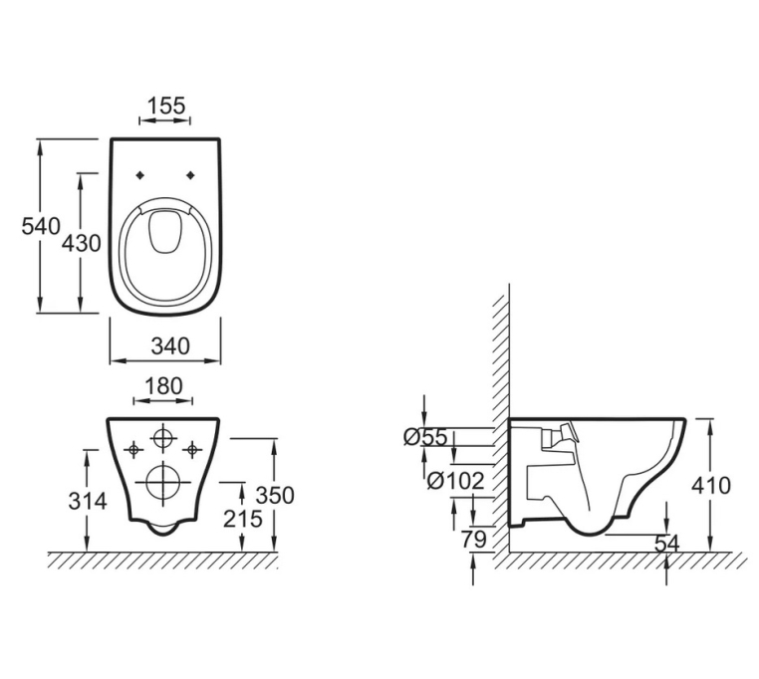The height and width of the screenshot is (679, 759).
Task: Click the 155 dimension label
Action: [166, 106]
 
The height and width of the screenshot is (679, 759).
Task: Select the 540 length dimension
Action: [41, 226]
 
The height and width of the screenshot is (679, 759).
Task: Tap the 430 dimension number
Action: [82, 243]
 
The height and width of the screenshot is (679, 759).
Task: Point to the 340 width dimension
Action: [170, 346]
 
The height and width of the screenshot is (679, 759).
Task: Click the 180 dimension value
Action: [163, 385]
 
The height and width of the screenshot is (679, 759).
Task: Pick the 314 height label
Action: [88, 501]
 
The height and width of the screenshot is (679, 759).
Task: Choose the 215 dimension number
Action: [242, 519]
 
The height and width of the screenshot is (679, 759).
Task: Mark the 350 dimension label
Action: [275, 495]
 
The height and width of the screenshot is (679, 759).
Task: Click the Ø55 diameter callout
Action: [425, 437]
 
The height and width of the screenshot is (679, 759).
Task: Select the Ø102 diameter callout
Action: [455, 481]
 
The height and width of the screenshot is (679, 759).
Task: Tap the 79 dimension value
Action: [473, 539]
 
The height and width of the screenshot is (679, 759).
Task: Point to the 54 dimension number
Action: [667, 544]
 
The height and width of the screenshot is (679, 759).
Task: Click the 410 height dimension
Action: [710, 486]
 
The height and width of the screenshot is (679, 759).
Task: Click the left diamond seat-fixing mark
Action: [140, 175]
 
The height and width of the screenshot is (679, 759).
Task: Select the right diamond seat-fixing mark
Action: [190, 175]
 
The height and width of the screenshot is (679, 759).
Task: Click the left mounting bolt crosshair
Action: [133, 450]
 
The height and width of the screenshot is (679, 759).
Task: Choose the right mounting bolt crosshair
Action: [192, 450]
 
